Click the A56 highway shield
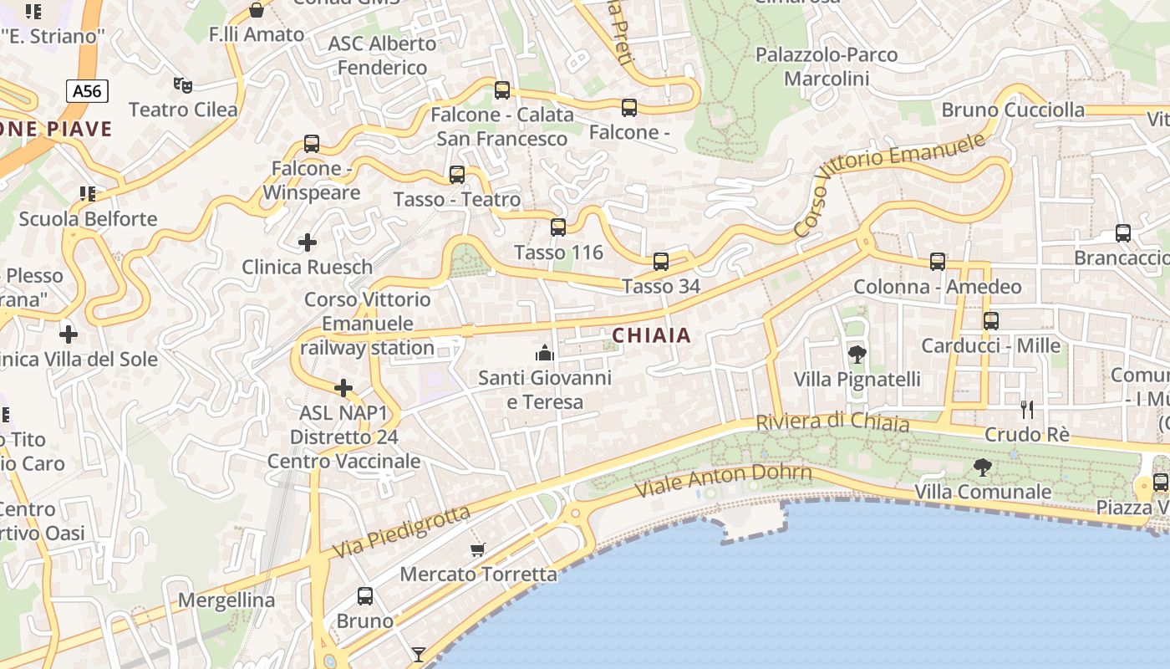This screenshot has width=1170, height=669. pyautogui.click(x=87, y=91)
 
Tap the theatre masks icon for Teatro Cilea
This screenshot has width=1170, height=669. pyautogui.click(x=182, y=84)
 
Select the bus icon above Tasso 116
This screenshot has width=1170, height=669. pyautogui.click(x=558, y=227)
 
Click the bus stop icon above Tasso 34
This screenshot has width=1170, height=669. pyautogui.click(x=661, y=262)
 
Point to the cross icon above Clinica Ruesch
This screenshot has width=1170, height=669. pyautogui.click(x=308, y=243)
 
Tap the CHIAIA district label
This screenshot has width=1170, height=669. pyautogui.click(x=652, y=335)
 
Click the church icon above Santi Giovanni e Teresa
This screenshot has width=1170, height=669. pyautogui.click(x=545, y=353)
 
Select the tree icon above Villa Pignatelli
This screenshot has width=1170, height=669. pyautogui.click(x=857, y=355)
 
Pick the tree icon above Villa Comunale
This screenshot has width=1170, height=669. pyautogui.click(x=983, y=467)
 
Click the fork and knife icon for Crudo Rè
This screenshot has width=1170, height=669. pyautogui.click(x=1027, y=409)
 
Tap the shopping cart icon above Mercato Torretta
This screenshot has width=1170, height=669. pyautogui.click(x=478, y=549)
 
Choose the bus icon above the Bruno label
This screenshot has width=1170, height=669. pyautogui.click(x=365, y=596)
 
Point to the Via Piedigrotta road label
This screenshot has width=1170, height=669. pyautogui.click(x=401, y=532)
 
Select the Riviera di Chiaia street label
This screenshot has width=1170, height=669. pyautogui.click(x=832, y=422)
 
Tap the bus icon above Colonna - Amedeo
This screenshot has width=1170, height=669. pyautogui.click(x=938, y=262)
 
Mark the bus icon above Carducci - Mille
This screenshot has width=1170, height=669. pyautogui.click(x=991, y=320)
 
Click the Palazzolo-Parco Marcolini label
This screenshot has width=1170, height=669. pyautogui.click(x=827, y=67)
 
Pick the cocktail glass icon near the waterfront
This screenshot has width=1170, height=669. pyautogui.click(x=419, y=654)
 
